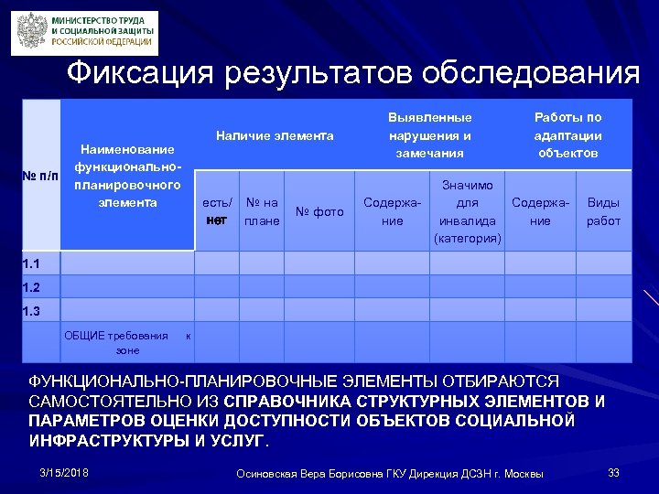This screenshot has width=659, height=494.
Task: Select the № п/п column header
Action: pyautogui.click(x=40, y=174)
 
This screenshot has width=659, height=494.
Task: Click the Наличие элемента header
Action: pyautogui.click(x=275, y=135)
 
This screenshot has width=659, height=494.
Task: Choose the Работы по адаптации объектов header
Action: pyautogui.click(x=567, y=135)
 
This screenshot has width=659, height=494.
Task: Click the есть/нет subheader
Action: pyautogui.click(x=217, y=211)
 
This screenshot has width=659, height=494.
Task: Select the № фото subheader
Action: pyautogui.click(x=321, y=212)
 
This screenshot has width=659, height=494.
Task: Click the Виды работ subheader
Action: pyautogui.click(x=602, y=211)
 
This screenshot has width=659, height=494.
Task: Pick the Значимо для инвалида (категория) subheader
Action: pyautogui.click(x=469, y=211)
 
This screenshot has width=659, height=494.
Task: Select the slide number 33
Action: pyautogui.click(x=614, y=472)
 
